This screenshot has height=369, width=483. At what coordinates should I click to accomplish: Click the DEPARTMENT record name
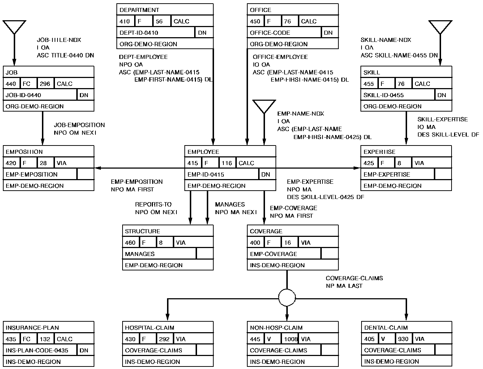[139, 10]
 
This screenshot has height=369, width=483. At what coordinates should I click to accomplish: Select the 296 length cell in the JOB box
[45, 84]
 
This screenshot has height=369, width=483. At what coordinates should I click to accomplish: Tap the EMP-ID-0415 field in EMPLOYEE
[206, 174]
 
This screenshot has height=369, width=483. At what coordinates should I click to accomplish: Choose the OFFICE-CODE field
[270, 33]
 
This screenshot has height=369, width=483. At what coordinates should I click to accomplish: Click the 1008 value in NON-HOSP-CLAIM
[291, 339]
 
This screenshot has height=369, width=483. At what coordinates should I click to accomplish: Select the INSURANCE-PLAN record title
[32, 328]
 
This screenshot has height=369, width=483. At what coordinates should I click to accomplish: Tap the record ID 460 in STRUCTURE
[130, 243]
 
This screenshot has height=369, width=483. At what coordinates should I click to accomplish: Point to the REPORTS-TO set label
[153, 204]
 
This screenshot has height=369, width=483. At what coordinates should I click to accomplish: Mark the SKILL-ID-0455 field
[384, 95]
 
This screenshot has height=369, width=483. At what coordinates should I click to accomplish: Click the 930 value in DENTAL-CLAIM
[403, 339]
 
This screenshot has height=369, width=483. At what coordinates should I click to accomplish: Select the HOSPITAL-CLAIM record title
[150, 328]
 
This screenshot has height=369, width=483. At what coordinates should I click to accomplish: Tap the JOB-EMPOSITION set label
[79, 125]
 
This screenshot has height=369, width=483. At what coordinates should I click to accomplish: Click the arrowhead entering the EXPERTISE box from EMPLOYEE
[357, 168]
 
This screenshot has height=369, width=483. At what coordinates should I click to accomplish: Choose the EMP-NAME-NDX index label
[300, 114]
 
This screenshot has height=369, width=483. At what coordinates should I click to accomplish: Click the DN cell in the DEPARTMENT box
[202, 33]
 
